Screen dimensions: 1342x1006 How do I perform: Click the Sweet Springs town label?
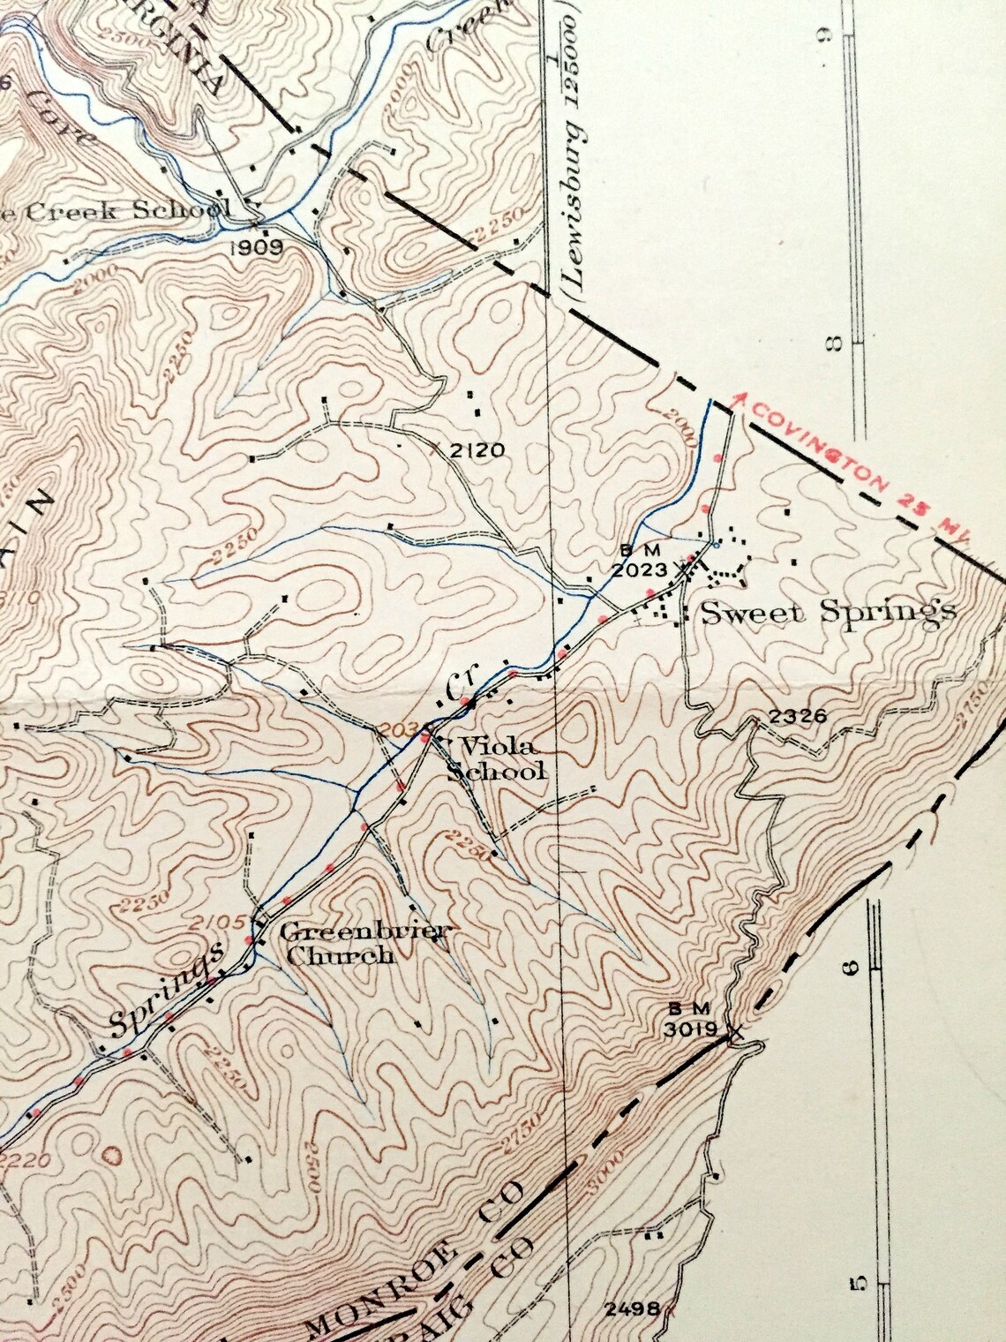(x=828, y=611)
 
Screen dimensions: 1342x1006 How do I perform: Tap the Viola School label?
(x=496, y=758)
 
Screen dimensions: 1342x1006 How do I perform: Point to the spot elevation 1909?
(x=257, y=248)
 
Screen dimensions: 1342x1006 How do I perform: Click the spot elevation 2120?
(x=477, y=451)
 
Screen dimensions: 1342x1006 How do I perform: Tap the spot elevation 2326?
(x=798, y=716)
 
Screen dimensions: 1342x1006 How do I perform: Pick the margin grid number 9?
(x=826, y=36)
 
